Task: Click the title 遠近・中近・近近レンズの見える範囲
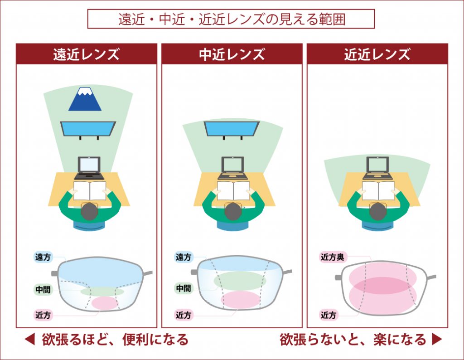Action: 231,20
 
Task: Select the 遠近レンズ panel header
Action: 87,54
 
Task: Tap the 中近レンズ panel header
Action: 232,54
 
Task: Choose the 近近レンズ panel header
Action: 377,54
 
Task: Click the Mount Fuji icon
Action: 85,99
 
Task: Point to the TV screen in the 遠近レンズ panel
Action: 88,127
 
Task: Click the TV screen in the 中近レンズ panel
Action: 232,128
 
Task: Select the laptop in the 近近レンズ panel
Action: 377,168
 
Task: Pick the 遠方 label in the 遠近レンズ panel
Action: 43,257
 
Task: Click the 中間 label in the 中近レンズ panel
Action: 184,288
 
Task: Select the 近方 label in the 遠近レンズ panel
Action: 43,314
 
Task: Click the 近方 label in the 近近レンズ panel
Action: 329,315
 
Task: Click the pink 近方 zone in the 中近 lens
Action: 240,299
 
